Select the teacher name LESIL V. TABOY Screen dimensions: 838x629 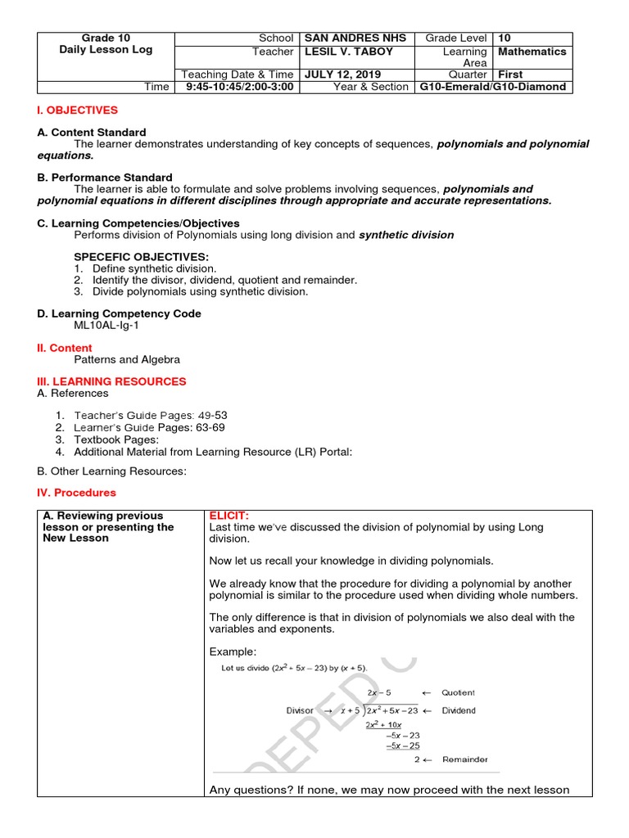pos(348,52)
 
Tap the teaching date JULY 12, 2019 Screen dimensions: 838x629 pos(342,74)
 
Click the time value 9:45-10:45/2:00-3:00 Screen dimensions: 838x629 pos(239,87)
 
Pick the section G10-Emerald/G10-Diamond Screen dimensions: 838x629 pos(492,87)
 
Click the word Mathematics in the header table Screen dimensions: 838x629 pos(532,52)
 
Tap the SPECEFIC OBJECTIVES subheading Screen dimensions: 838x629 pos(141,257)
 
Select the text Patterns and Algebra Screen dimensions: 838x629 pos(127,359)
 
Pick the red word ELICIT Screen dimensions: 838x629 pos(229,516)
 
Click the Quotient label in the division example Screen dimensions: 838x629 pos(458,692)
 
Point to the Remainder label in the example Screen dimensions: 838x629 pos(464,759)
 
